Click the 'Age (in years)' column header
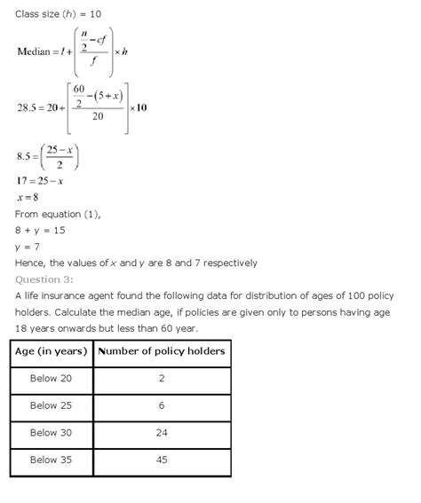coord(52,351)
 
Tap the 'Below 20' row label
coord(52,378)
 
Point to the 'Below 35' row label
coord(52,460)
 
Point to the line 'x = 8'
coord(28,197)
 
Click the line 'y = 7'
coord(29,246)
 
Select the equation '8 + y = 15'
coord(40,230)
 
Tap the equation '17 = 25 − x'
coord(40,181)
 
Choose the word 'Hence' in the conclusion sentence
coord(30,263)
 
